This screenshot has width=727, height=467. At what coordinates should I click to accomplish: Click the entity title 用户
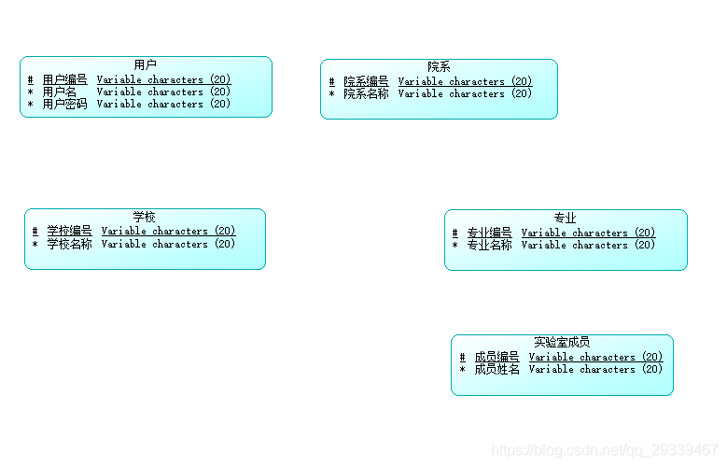[x=146, y=64]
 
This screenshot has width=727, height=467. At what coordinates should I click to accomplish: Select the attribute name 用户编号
[x=65, y=80]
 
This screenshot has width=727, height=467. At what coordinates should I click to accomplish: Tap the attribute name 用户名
[x=60, y=92]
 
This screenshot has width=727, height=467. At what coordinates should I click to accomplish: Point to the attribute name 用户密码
[x=65, y=105]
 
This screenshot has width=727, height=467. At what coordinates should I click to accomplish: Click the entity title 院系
[x=439, y=66]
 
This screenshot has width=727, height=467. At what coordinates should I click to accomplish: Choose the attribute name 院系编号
[x=366, y=82]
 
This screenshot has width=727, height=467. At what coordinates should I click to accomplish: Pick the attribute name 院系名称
[x=366, y=94]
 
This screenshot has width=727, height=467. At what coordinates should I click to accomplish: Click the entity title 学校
[x=144, y=217]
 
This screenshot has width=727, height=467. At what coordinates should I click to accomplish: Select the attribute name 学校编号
[x=70, y=232]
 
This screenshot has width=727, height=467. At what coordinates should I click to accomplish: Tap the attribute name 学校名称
[x=70, y=245]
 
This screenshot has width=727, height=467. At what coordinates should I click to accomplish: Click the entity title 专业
[x=565, y=218]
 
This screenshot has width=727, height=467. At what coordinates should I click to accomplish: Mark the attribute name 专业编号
[x=490, y=233]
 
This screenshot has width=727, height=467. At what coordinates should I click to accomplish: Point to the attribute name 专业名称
[x=490, y=246]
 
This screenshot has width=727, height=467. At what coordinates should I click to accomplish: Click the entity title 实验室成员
[x=562, y=343]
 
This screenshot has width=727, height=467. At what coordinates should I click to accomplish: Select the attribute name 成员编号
[x=496, y=358]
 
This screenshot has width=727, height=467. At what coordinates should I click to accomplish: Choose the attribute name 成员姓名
[x=496, y=370]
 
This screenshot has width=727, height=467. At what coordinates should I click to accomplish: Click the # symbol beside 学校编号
[x=35, y=232]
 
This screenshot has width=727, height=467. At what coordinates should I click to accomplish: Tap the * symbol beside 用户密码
[x=31, y=105]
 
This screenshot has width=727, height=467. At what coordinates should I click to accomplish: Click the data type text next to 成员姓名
[x=595, y=370]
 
